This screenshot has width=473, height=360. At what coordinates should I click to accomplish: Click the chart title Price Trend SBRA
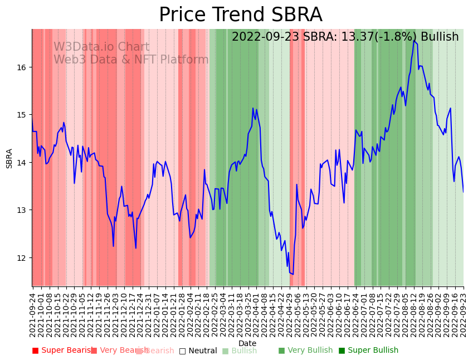(x=240, y=15)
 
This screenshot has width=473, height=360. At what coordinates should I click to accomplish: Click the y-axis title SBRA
(x=9, y=158)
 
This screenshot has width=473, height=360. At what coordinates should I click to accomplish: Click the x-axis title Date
(x=247, y=343)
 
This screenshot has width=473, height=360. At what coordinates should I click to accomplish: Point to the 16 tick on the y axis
(x=23, y=67)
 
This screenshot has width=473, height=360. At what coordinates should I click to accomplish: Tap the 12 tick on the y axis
(x=23, y=257)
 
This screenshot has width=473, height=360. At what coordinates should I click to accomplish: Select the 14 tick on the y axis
(x=23, y=163)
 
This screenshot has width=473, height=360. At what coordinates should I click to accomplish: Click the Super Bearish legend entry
(x=63, y=351)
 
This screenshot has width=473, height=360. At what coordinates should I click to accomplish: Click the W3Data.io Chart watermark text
(x=101, y=47)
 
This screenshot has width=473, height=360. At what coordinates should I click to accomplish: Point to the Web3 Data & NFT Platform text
(x=131, y=60)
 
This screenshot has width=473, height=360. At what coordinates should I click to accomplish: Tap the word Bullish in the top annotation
(x=440, y=37)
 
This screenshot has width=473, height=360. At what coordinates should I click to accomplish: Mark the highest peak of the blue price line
(x=414, y=41)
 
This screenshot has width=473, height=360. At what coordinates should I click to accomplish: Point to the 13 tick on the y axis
(x=23, y=210)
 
